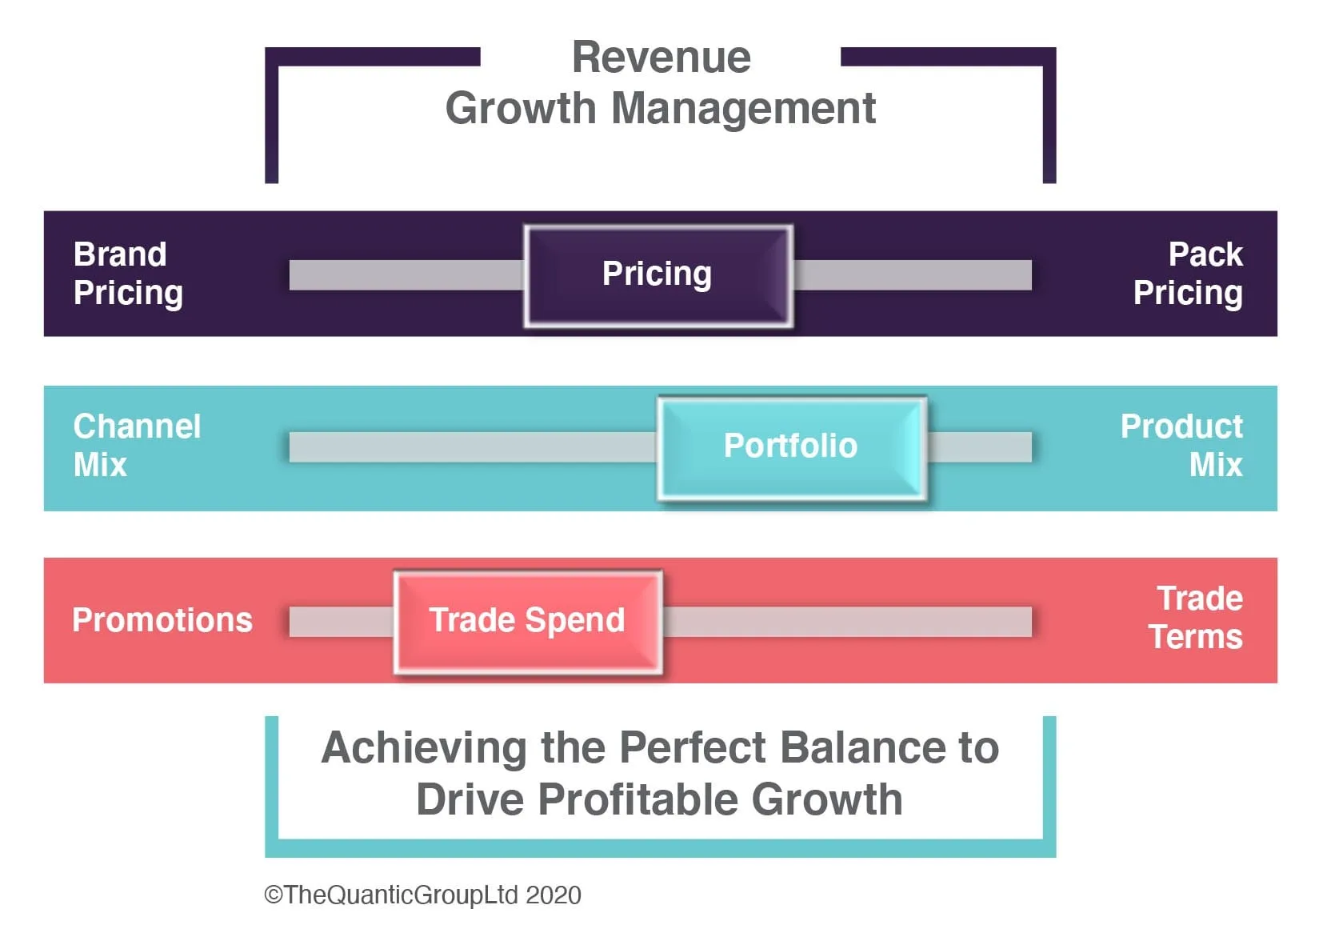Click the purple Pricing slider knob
pyautogui.click(x=658, y=274)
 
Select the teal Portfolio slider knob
pyautogui.click(x=791, y=446)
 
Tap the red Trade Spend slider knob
pyautogui.click(x=527, y=621)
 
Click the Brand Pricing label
pyautogui.click(x=128, y=274)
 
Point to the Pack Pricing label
pyautogui.click(x=1189, y=274)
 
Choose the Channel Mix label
pyautogui.click(x=137, y=446)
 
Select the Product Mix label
pyautogui.click(x=1182, y=446)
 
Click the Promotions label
pyautogui.click(x=162, y=621)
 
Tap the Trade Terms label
pyautogui.click(x=1197, y=618)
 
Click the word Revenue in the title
pyautogui.click(x=661, y=58)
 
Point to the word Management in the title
pyautogui.click(x=743, y=109)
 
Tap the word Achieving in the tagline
pyautogui.click(x=424, y=748)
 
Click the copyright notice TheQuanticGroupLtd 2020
pyautogui.click(x=423, y=895)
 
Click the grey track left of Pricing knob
pyautogui.click(x=406, y=274)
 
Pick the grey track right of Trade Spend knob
pyautogui.click(x=847, y=621)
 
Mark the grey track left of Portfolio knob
pyautogui.click(x=472, y=446)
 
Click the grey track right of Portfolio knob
pyautogui.click(x=980, y=446)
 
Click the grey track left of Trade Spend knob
pyautogui.click(x=342, y=621)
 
